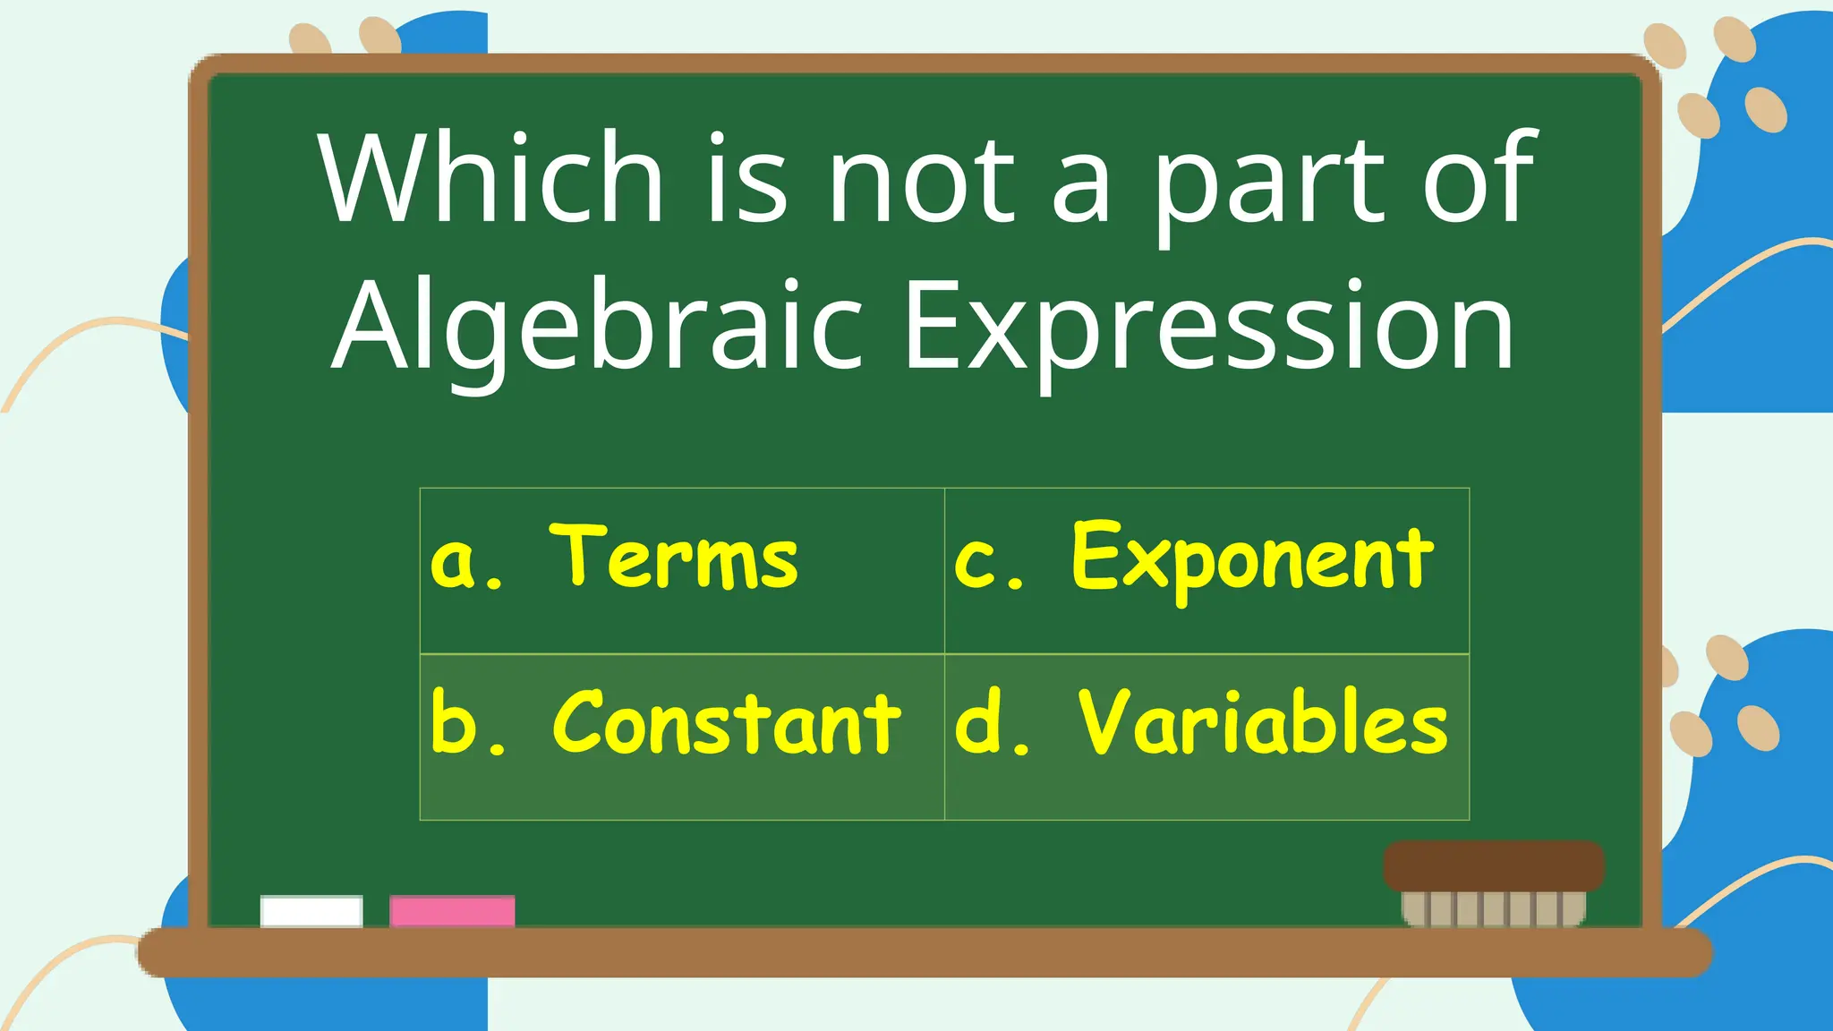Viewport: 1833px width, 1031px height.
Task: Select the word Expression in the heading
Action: tap(1208, 327)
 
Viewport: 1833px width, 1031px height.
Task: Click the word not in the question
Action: tap(922, 179)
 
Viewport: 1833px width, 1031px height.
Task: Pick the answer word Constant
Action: tap(727, 723)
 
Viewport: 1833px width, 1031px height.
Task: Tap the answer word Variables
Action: tap(1262, 723)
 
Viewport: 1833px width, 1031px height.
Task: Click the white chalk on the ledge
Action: tap(311, 911)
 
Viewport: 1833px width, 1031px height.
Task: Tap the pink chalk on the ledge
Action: tap(452, 911)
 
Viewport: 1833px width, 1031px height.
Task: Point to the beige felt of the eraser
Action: tap(1493, 907)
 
